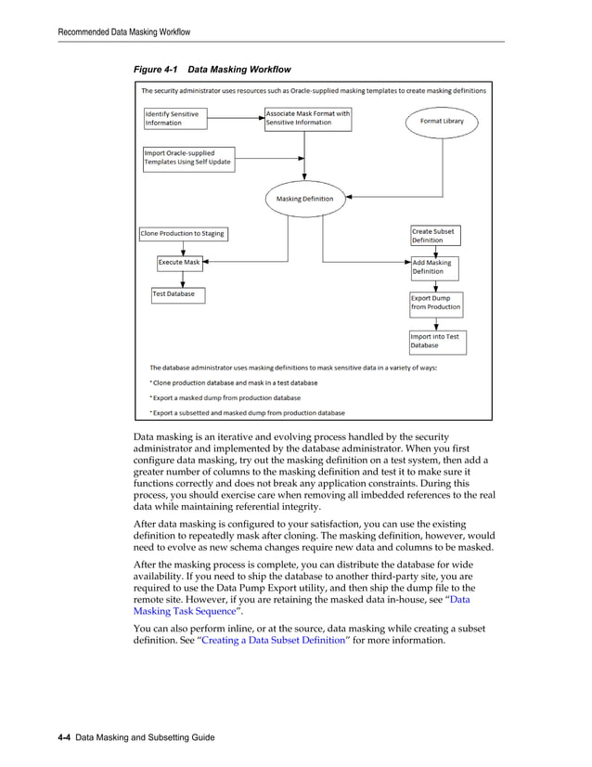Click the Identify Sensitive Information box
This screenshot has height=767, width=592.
[x=175, y=118]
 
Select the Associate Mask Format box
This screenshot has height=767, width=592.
[x=308, y=118]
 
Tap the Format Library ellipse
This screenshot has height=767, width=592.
[x=442, y=121]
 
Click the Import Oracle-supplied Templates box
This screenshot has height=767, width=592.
[x=188, y=158]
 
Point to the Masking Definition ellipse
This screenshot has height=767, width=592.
[x=305, y=199]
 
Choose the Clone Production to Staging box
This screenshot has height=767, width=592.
[x=183, y=234]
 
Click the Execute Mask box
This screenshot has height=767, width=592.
[x=179, y=263]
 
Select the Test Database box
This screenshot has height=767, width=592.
[x=178, y=294]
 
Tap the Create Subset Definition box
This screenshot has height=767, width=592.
[x=435, y=236]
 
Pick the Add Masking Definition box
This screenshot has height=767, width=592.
[x=435, y=267]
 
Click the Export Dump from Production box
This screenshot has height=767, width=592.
[x=436, y=303]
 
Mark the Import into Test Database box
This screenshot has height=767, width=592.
[x=437, y=341]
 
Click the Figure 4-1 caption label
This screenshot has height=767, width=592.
[x=212, y=69]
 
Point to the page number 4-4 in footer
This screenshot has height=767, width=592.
[x=65, y=737]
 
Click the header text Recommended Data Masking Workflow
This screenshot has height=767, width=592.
[x=124, y=32]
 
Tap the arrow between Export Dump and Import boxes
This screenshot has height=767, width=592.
[x=436, y=321]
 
